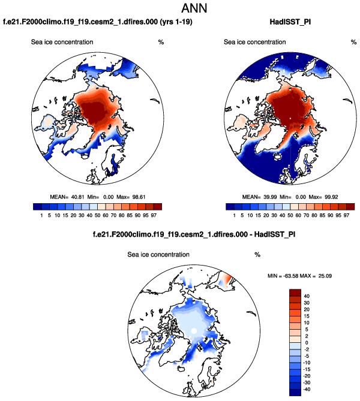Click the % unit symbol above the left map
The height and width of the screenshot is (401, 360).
click(160, 42)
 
